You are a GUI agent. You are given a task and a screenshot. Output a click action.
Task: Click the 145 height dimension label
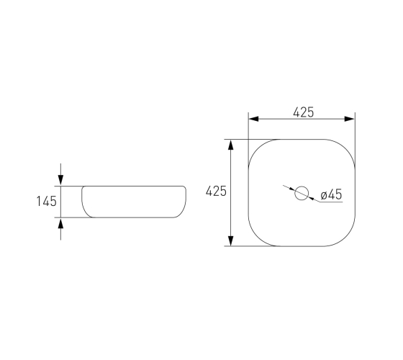[x=47, y=201]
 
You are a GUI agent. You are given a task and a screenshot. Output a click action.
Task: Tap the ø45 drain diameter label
[x=331, y=194]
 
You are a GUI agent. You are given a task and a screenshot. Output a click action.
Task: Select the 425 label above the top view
[x=303, y=112]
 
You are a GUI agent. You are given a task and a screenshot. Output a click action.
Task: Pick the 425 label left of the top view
[x=216, y=191]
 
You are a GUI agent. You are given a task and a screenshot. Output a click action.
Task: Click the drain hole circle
[x=302, y=186]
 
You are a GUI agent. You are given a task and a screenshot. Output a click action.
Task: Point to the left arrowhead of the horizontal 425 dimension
[x=253, y=119]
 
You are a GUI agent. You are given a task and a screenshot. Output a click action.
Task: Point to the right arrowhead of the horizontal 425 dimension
[x=350, y=119]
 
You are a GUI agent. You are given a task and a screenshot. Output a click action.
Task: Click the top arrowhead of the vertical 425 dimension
[x=231, y=145]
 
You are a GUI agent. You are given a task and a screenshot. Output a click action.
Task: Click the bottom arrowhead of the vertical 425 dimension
[x=231, y=240]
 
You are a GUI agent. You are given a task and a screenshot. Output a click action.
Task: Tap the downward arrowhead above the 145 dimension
[x=60, y=180]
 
